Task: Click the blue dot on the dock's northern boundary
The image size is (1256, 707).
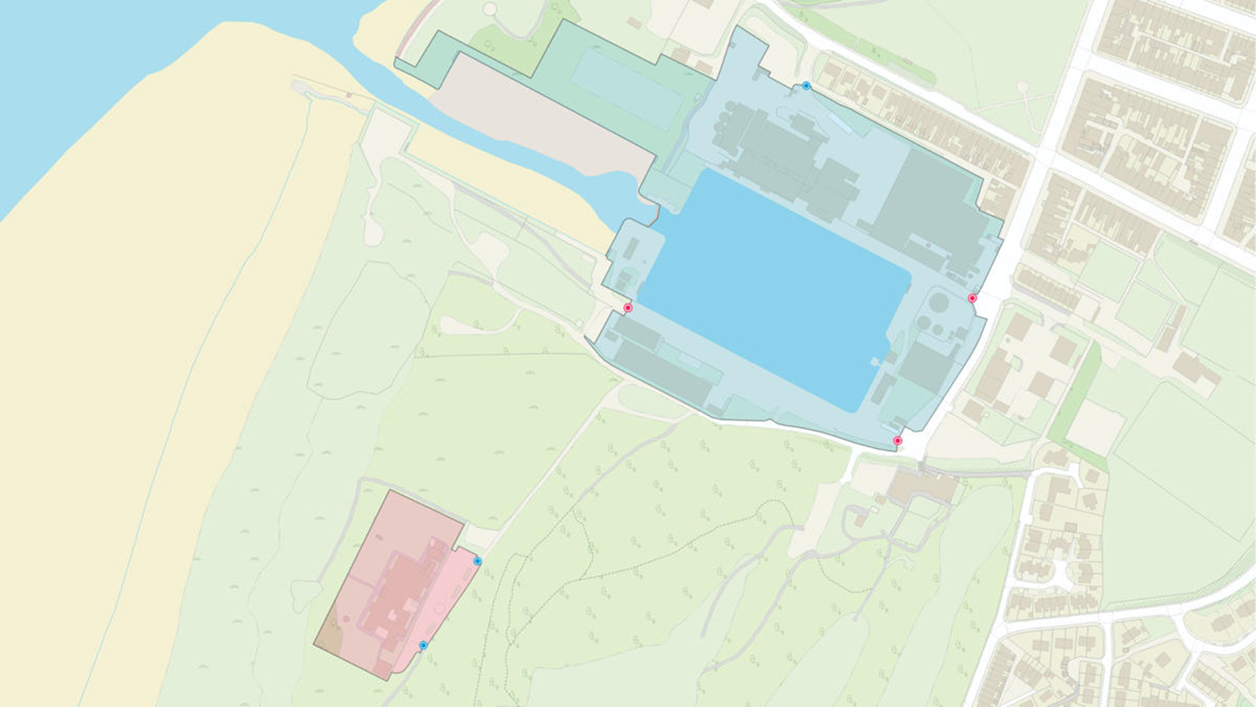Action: pyautogui.click(x=807, y=86)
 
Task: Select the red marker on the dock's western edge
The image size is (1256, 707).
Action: pyautogui.click(x=628, y=308)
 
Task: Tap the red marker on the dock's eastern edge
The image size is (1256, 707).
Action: pyautogui.click(x=972, y=298)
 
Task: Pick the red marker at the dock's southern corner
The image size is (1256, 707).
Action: pyautogui.click(x=898, y=441)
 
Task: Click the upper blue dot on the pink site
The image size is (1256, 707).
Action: pyautogui.click(x=477, y=561)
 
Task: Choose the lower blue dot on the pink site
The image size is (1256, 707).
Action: pyautogui.click(x=423, y=645)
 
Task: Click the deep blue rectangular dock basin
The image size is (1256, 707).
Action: pyautogui.click(x=770, y=288)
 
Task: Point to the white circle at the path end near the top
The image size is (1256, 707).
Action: pyautogui.click(x=491, y=9)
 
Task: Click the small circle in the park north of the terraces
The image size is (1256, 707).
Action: pyautogui.click(x=1022, y=88)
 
